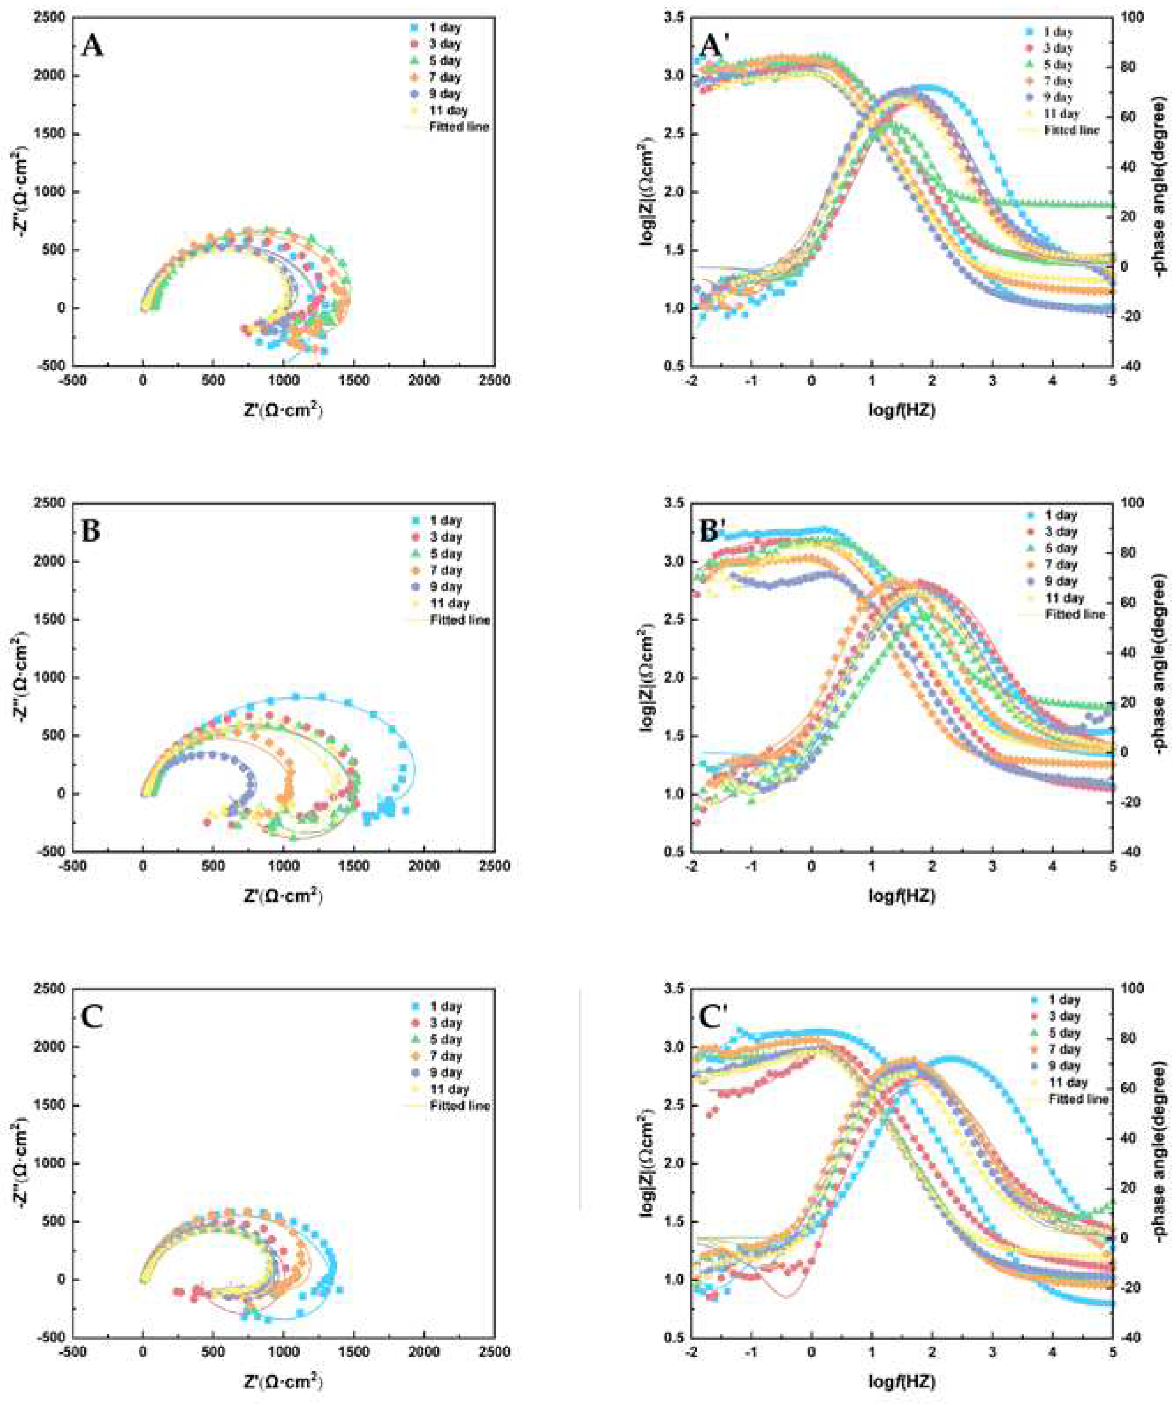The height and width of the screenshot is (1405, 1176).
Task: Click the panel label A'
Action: point(717,48)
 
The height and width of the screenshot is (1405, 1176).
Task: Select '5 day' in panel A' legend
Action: point(1058,65)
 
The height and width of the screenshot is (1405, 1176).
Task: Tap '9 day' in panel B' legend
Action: point(1061,581)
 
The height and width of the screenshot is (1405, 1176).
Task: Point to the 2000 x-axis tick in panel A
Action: point(425,381)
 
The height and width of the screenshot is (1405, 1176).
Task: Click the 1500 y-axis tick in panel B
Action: point(50,619)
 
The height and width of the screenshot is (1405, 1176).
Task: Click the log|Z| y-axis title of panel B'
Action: point(647,677)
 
